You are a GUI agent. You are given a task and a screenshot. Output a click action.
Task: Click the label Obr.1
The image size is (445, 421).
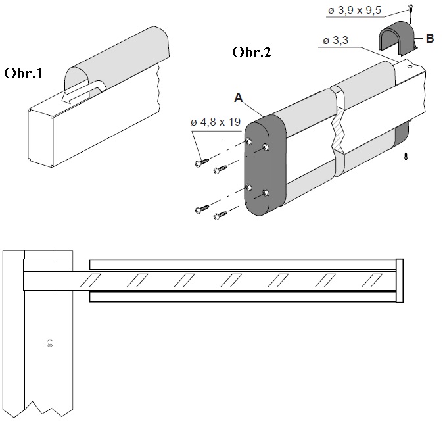pos(24,73)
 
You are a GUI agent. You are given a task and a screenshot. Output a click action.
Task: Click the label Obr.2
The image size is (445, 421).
pos(252,53)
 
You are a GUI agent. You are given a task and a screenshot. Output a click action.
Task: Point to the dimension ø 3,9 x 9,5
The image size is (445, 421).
pos(354,11)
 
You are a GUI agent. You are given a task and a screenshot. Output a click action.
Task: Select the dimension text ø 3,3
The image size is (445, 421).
pos(337,41)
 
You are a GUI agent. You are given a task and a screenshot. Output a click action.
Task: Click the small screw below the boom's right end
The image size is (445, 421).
pos(408,155)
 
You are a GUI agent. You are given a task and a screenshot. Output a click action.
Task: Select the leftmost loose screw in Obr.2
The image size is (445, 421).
pos(201,162)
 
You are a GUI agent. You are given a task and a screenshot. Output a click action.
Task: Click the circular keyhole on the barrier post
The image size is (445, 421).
pos(49,343)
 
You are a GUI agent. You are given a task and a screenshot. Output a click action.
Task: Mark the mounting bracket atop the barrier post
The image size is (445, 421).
pos(47,265)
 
